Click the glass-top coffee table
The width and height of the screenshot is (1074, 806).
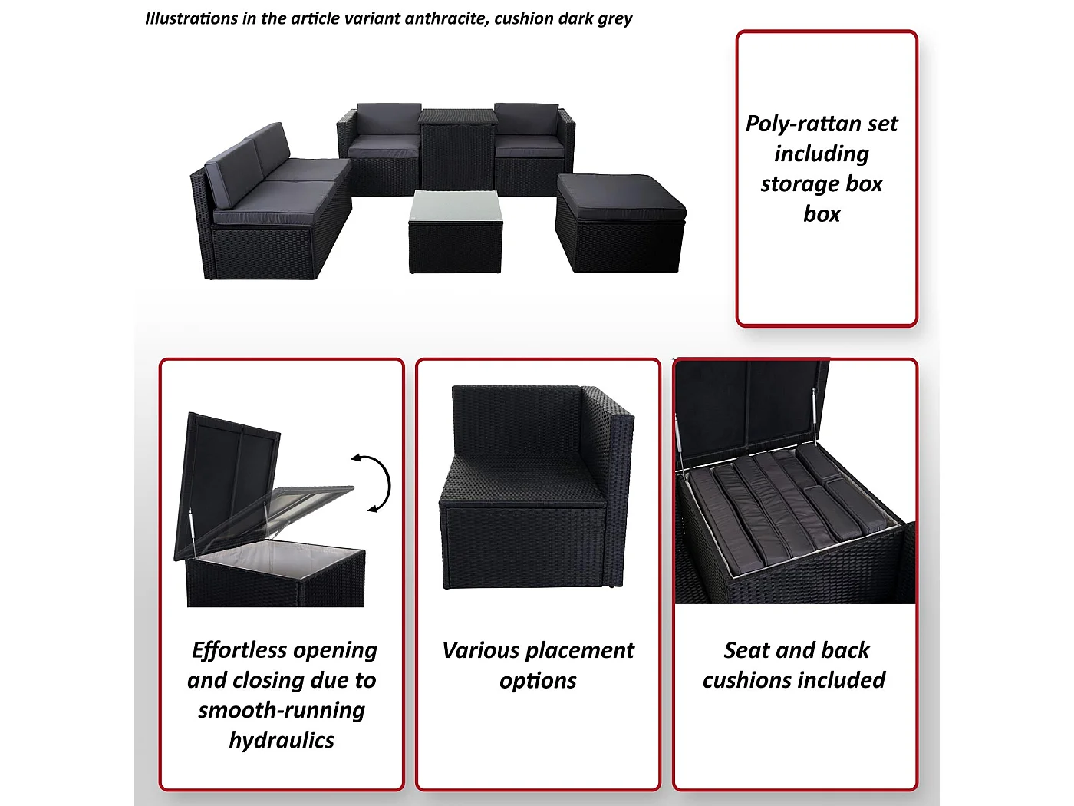tap(456, 232)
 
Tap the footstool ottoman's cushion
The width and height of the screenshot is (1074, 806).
tap(621, 197)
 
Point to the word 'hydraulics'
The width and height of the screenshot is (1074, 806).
tap(282, 741)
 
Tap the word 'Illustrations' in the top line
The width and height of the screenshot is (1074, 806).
tap(191, 18)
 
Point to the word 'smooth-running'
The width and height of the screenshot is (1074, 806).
tap(282, 710)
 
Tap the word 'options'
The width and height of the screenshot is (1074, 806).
tap(538, 681)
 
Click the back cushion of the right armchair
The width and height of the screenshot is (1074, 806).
tap(526, 118)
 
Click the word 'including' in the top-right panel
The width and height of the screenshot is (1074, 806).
tap(822, 154)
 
